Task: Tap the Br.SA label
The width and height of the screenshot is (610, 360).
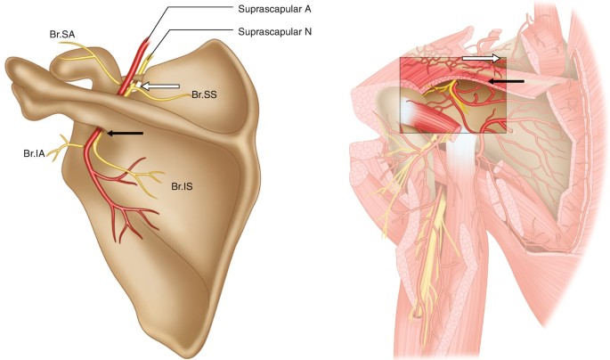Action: [62, 35]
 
